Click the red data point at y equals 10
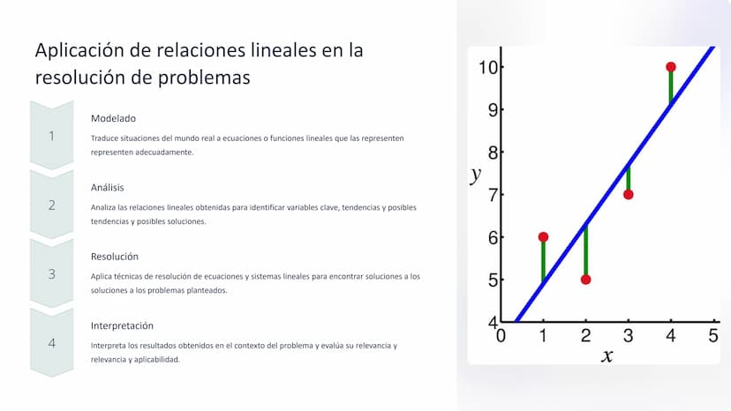point(671,67)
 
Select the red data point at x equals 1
point(543,237)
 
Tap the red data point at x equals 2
point(586,280)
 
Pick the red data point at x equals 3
point(629,195)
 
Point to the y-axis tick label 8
point(494,153)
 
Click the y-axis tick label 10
point(488,68)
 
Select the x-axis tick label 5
point(713,335)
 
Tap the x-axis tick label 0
point(501,335)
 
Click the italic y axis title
point(476,175)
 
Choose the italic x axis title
point(607,356)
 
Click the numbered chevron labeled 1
point(52,135)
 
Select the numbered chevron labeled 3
point(52,273)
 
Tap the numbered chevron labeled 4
point(52,343)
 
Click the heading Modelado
point(113,118)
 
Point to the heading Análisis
point(107,187)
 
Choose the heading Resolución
point(115,257)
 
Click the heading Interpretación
point(122,325)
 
